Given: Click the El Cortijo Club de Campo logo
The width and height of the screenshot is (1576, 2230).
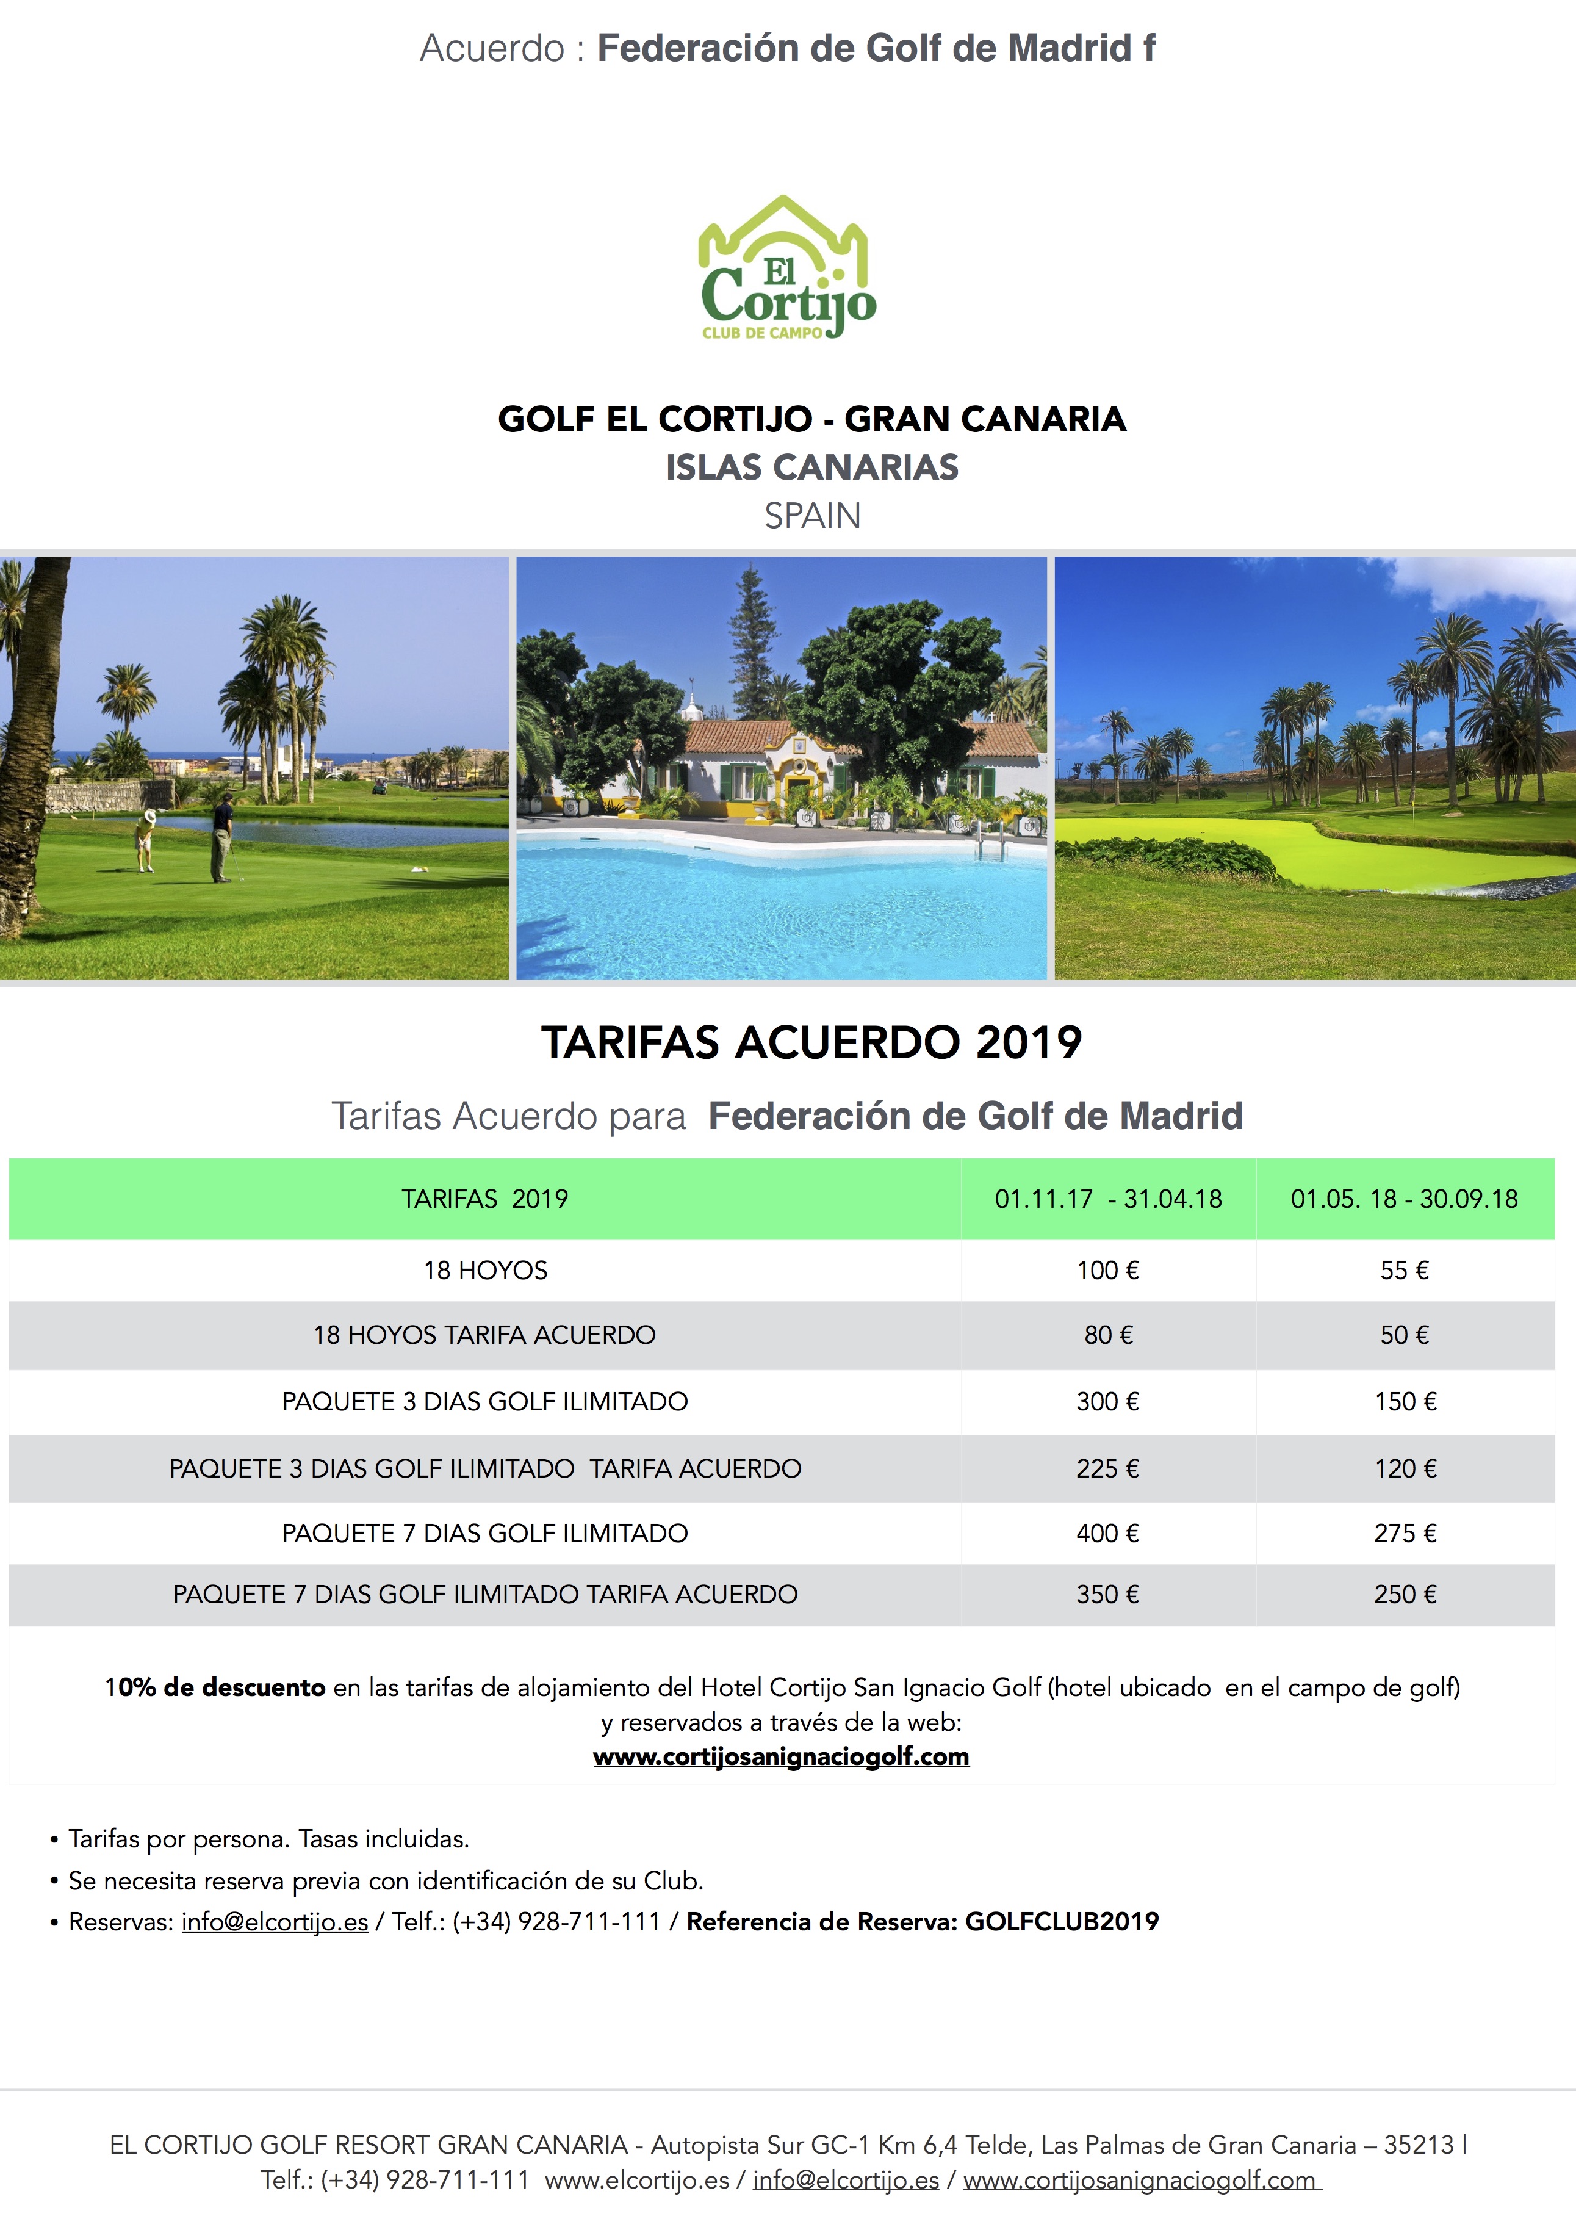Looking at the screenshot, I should tap(786, 269).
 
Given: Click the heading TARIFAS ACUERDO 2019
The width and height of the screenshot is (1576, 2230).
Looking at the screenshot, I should tap(811, 1042).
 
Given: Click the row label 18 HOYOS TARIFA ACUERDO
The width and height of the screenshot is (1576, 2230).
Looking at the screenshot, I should tap(484, 1335).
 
